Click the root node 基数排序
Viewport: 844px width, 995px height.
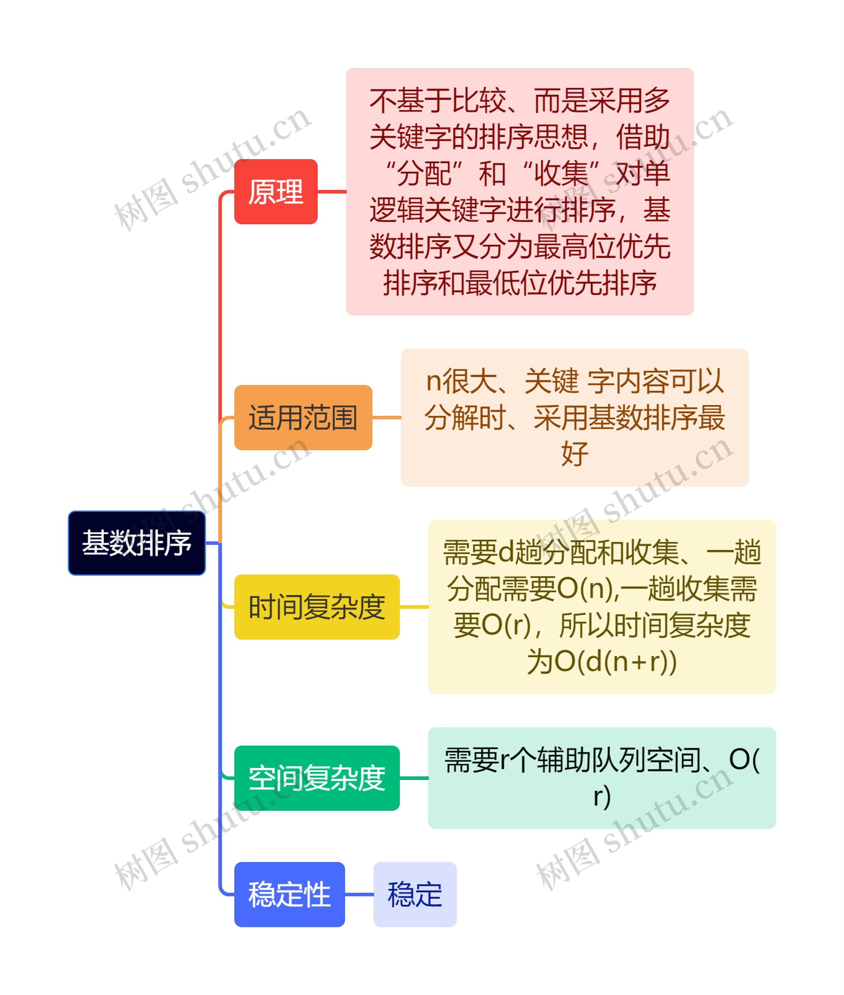point(136,543)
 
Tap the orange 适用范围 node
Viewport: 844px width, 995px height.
point(303,417)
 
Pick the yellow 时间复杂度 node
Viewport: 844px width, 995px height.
point(317,607)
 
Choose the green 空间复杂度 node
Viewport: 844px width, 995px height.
point(317,778)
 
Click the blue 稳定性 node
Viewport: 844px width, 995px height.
point(289,894)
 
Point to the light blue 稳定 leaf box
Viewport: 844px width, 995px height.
point(414,894)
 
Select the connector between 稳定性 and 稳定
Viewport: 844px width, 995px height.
point(359,894)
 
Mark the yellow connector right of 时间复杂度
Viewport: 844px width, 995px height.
point(413,607)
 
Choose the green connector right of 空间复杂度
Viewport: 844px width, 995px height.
point(413,778)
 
